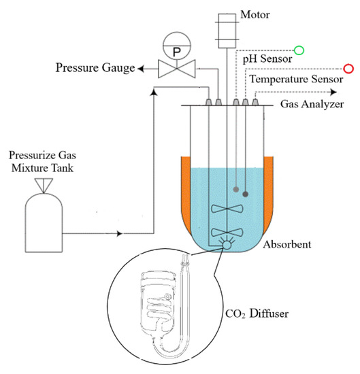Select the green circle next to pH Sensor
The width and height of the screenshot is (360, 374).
click(298, 50)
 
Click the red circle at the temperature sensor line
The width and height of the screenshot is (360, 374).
click(348, 68)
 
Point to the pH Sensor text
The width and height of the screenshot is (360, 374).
click(267, 59)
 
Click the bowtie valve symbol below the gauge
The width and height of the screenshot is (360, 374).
click(176, 69)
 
